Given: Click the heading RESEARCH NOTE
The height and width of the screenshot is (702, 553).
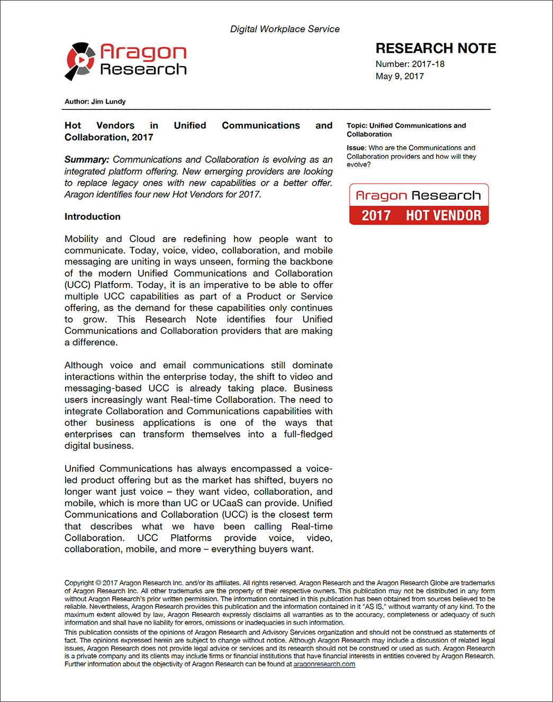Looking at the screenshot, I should pyautogui.click(x=436, y=49).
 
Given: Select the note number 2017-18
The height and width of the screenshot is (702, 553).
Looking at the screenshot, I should pyautogui.click(x=428, y=64).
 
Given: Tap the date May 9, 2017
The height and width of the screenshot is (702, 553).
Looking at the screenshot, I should pyautogui.click(x=400, y=76).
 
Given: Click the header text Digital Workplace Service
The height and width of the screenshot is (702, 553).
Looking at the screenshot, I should pyautogui.click(x=285, y=29).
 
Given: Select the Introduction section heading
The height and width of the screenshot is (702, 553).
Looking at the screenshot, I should pyautogui.click(x=93, y=216).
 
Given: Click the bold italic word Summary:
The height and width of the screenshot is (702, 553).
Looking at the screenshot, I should pyautogui.click(x=87, y=160).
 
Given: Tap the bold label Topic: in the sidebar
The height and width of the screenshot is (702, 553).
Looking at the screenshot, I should pyautogui.click(x=357, y=126).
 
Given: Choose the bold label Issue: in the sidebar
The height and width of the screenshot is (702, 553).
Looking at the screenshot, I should pyautogui.click(x=356, y=148).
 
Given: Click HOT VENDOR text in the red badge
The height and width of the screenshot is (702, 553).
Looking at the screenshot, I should pyautogui.click(x=443, y=215).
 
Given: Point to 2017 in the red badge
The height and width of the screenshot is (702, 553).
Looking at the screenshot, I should pyautogui.click(x=376, y=215).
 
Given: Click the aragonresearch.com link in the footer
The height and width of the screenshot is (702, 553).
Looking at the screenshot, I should pyautogui.click(x=324, y=664).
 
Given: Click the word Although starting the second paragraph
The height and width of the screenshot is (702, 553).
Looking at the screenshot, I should pyautogui.click(x=84, y=366).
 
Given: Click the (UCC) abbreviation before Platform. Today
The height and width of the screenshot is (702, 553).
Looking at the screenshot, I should pyautogui.click(x=77, y=285).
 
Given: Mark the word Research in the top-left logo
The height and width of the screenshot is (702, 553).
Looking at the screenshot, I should pyautogui.click(x=143, y=69).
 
